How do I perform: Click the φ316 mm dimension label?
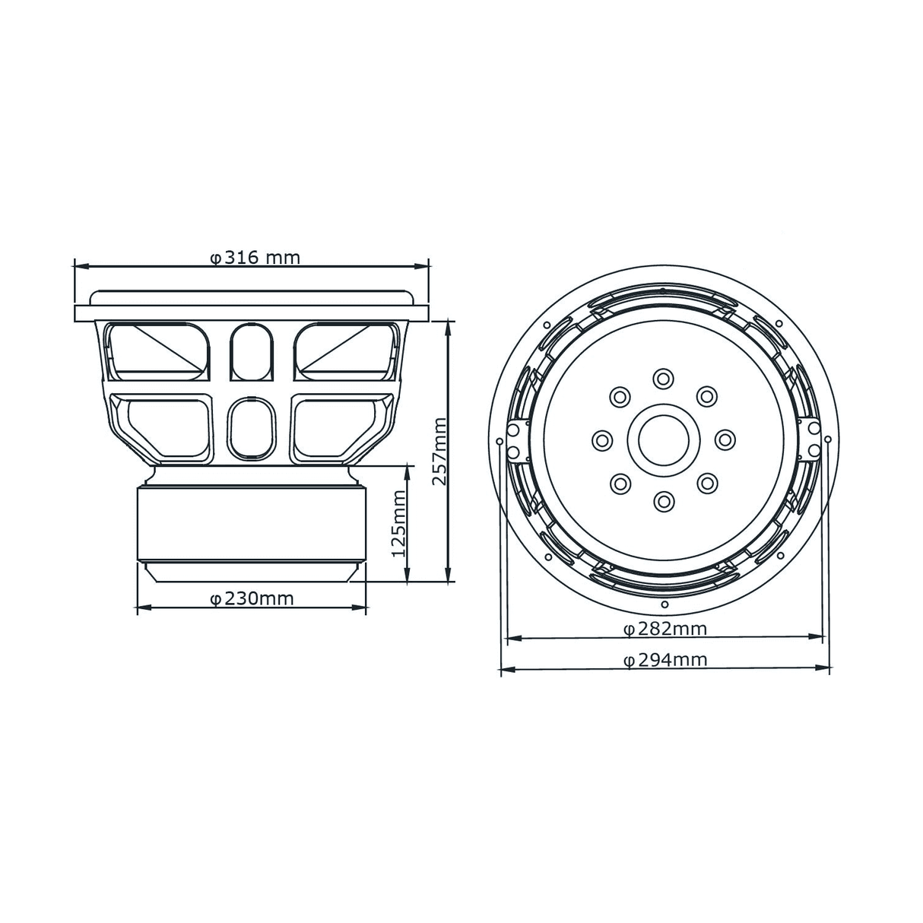pos(255,259)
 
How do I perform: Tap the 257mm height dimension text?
pos(439,451)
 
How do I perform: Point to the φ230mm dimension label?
pos(252,598)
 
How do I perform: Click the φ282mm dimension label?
pos(666,629)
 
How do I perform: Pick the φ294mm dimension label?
pos(666,660)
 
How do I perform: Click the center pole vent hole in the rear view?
pos(664,439)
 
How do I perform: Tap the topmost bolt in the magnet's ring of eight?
pos(663,379)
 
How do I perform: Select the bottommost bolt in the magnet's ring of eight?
pos(663,501)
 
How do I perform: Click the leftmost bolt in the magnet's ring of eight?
pos(602,439)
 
